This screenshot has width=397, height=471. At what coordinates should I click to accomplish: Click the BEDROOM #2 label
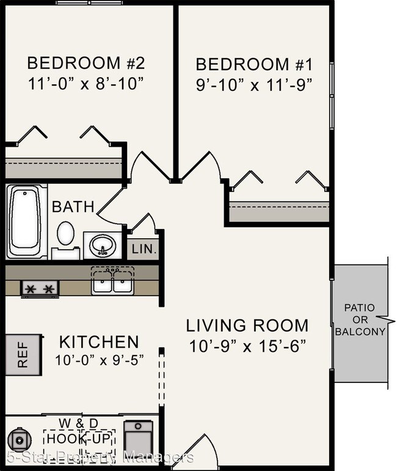pos(86,63)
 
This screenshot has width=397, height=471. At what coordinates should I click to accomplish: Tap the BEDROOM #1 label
pos(254,65)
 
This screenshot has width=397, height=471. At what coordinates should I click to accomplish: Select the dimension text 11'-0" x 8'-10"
pos(86,84)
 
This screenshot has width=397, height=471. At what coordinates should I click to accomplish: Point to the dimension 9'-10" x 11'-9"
pos(254,85)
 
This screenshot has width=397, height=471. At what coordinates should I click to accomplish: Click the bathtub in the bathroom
pos(26,221)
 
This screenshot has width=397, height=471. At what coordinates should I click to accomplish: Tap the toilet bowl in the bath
pos(66,233)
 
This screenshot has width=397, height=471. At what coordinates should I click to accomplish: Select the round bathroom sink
pos(103,246)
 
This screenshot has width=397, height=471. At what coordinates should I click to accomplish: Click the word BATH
pos(73,206)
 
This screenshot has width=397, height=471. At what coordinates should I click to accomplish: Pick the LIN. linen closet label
pos(144,249)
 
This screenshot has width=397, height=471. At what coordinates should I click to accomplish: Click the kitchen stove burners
pos(40,289)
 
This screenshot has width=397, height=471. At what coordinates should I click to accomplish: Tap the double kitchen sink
pos(112,282)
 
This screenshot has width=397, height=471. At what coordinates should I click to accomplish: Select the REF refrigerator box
pos(23,354)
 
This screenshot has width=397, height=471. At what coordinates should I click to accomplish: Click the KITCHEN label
pos(99,342)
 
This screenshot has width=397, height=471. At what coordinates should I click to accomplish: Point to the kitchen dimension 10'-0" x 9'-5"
pos(100,360)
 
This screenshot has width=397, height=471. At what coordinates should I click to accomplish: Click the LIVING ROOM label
pos(247,326)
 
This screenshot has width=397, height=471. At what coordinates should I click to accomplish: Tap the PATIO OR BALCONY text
pos(360,319)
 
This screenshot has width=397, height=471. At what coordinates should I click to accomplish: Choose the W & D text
pos(78,423)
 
